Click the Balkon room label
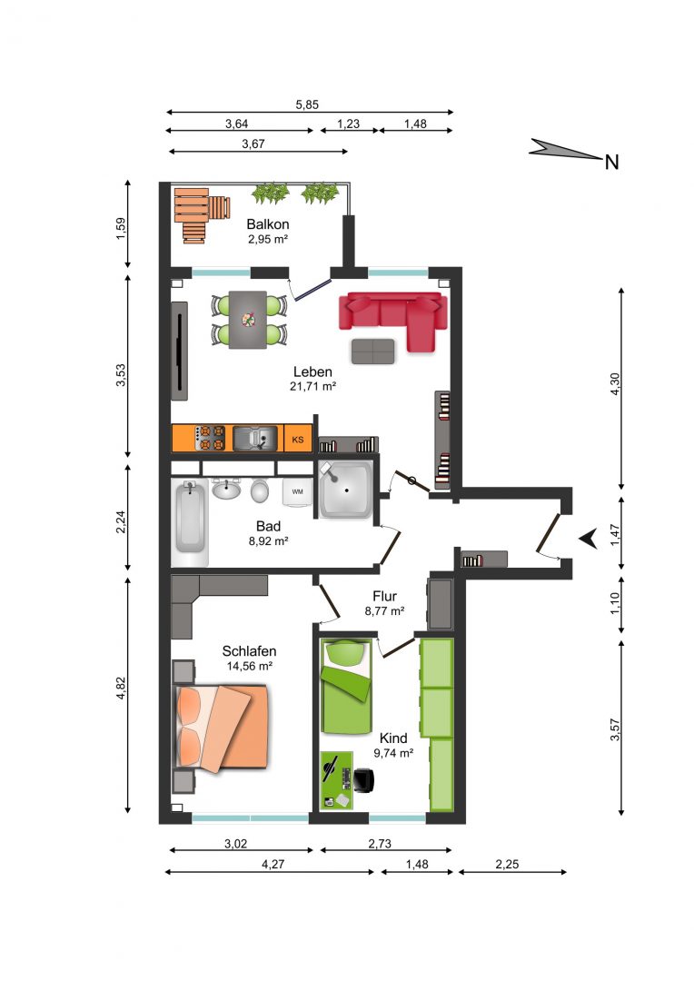point(268,224)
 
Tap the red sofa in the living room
point(393,316)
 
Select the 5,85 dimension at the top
point(307,104)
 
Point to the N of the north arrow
point(611,163)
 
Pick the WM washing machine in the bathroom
point(297,491)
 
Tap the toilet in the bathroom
point(260,490)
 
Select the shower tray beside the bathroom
point(345,490)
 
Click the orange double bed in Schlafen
point(223,727)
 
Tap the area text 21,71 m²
point(312,387)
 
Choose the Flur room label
point(384,596)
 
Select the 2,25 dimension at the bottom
point(507,864)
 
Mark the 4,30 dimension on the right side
point(615,384)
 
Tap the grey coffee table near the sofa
point(373,352)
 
